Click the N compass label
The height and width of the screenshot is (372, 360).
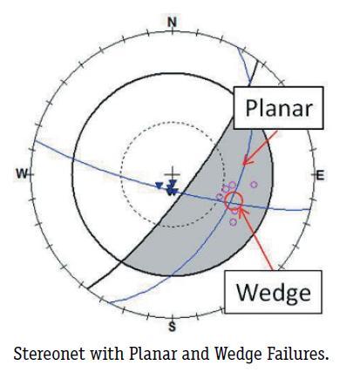click(x=173, y=23)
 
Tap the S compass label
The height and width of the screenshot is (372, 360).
click(x=173, y=327)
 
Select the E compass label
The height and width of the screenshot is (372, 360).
click(x=320, y=175)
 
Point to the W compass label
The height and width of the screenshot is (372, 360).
click(x=23, y=174)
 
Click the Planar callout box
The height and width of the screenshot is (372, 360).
click(x=279, y=108)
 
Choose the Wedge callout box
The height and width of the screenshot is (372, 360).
click(x=273, y=292)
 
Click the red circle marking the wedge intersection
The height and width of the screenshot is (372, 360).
click(x=234, y=200)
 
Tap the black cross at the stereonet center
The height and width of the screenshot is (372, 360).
click(x=173, y=174)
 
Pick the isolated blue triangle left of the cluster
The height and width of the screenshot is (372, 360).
click(x=159, y=186)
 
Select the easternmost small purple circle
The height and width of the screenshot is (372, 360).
click(x=254, y=185)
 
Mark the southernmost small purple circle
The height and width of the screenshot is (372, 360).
click(x=233, y=222)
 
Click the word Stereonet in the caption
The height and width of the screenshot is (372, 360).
click(x=50, y=354)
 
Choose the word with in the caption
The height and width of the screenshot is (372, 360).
click(x=107, y=354)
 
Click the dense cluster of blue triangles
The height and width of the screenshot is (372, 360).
click(x=172, y=188)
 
